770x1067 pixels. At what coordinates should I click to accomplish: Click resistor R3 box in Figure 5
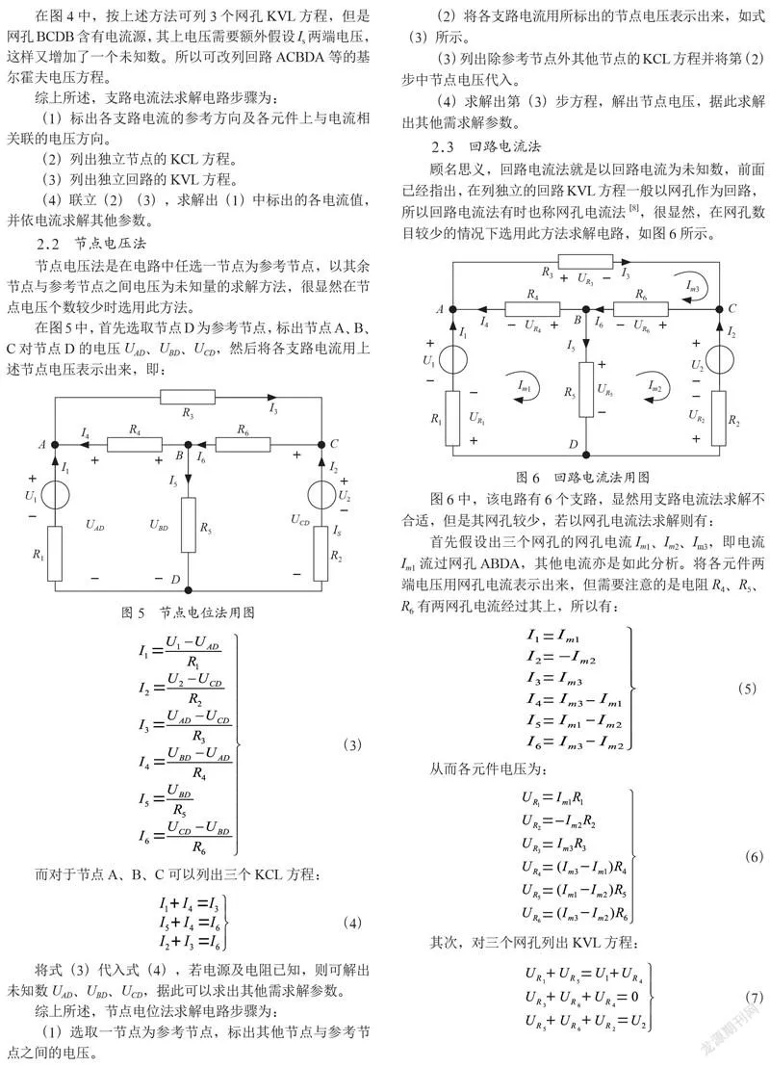coord(188,398)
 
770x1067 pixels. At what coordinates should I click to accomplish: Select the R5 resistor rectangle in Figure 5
coord(189,525)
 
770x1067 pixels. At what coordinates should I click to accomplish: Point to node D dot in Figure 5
coord(189,590)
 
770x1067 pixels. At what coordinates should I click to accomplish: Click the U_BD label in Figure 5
coord(159,525)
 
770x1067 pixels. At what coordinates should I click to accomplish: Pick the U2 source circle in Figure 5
coord(321,495)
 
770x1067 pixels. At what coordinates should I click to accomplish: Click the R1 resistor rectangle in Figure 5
coord(55,553)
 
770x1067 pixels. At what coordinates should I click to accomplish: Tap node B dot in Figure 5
coord(189,445)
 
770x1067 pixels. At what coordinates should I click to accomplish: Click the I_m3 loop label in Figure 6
coord(692,287)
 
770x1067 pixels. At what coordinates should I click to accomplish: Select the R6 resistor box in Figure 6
coord(641,309)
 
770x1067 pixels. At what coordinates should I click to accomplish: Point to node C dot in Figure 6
coord(719,309)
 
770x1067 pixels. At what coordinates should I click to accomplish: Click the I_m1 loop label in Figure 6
coord(525,386)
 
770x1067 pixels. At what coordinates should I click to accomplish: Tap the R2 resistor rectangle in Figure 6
coord(719,418)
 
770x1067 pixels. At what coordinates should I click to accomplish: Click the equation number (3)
coord(351,744)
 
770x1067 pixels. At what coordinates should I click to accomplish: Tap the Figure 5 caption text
coord(188,612)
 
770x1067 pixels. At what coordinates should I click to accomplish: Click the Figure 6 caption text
coord(582,477)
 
